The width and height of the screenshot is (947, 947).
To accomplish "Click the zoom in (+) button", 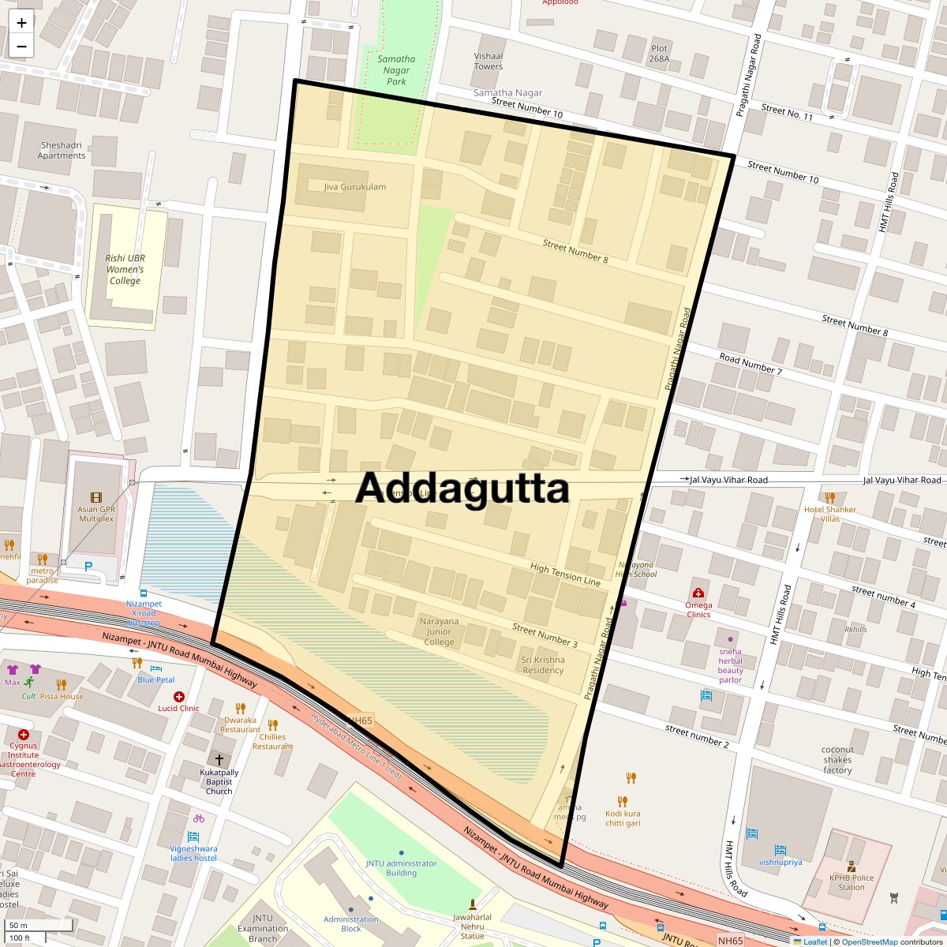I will [x=21, y=22].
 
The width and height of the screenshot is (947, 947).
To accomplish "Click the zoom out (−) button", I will [x=21, y=46].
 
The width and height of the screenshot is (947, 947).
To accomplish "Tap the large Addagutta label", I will [x=462, y=488].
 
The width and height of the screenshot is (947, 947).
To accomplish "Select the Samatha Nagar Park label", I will [x=396, y=70].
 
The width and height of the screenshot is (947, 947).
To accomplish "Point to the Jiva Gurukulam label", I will [x=355, y=187].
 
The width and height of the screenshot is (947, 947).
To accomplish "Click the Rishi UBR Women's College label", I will [x=125, y=269].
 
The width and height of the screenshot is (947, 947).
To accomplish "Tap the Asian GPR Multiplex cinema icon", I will [x=96, y=497].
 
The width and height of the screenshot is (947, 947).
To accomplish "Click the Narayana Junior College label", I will [x=439, y=631].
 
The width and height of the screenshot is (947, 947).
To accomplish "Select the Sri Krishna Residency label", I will [x=543, y=664].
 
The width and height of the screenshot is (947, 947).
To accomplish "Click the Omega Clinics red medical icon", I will [x=698, y=593].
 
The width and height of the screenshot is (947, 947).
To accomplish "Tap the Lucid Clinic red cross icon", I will [x=179, y=697].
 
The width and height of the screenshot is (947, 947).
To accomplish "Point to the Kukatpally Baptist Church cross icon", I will [x=219, y=759].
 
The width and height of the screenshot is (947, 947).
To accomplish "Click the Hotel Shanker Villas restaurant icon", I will [x=829, y=498].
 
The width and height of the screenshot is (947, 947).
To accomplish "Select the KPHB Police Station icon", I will [x=852, y=867].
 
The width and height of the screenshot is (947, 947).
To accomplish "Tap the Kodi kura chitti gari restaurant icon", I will [x=631, y=778].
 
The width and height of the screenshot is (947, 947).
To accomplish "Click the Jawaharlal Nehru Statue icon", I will [x=473, y=904].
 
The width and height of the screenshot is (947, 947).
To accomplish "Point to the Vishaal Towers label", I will [x=488, y=62].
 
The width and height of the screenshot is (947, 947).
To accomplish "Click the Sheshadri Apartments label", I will [x=62, y=150].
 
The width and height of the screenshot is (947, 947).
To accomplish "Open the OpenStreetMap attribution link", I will [x=869, y=941].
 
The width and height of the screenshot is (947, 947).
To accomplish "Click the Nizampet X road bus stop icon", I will [x=143, y=593].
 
